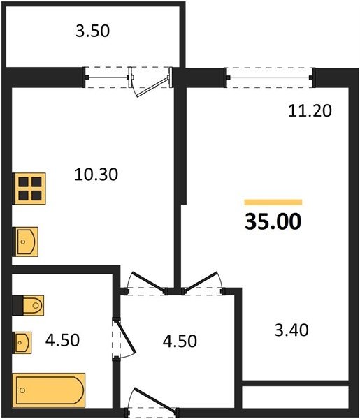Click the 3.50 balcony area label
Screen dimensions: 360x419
tap(92, 31)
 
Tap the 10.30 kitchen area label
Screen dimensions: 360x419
tap(96, 175)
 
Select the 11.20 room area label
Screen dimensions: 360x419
tap(310, 110)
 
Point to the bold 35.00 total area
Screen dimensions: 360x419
tap(273, 221)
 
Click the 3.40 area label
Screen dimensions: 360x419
tap(291, 330)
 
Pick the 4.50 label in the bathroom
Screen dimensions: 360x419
tap(62, 340)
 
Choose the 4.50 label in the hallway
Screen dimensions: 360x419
tap(180, 341)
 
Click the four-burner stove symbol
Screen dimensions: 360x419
tap(29, 189)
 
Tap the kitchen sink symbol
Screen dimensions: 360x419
tap(25, 242)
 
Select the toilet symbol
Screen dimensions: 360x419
tap(28, 305)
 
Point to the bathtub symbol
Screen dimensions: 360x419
tap(49, 390)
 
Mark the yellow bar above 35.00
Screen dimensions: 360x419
tap(273, 203)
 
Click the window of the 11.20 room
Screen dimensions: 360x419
tap(270, 78)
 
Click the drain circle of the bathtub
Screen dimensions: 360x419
tap(22, 390)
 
